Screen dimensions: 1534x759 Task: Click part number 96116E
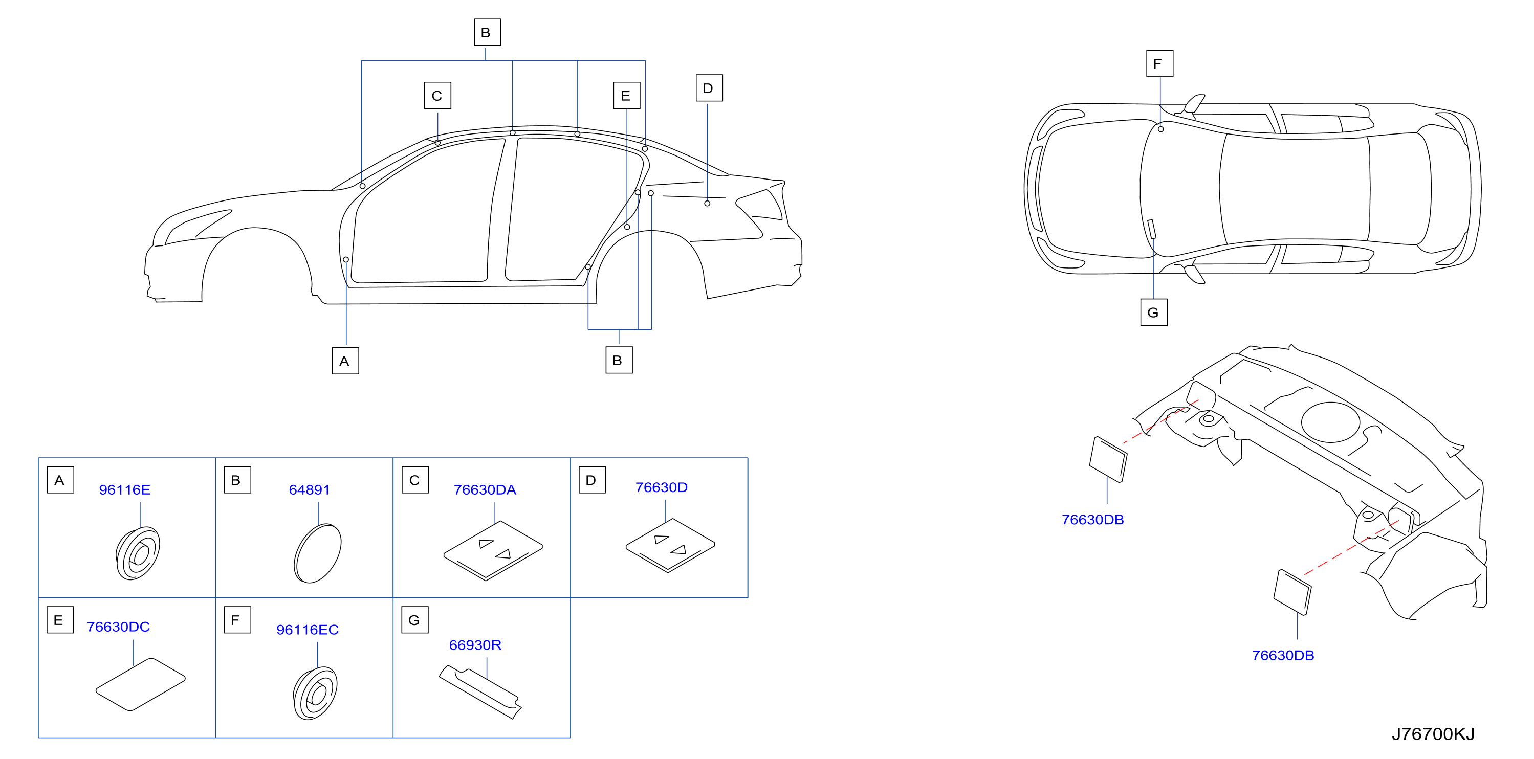(124, 490)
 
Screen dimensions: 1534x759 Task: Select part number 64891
(309, 490)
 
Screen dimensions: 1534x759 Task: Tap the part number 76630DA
(485, 490)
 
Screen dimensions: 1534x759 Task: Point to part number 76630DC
(118, 627)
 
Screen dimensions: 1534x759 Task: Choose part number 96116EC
(308, 630)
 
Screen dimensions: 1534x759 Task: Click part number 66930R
(475, 645)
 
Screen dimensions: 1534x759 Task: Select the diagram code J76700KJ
(1433, 734)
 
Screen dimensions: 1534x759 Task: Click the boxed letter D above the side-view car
(709, 88)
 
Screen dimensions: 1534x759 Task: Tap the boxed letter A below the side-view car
(345, 361)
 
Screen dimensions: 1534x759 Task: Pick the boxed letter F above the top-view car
(1159, 64)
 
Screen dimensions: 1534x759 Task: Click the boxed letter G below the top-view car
(1153, 312)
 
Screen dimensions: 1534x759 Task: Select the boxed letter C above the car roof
(437, 95)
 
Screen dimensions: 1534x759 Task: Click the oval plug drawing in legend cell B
(317, 553)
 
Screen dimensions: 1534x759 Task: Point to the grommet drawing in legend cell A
(138, 553)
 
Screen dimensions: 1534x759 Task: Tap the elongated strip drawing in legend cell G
(480, 691)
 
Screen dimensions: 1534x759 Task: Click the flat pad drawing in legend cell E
(141, 685)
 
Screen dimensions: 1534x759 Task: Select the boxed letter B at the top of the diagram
(487, 32)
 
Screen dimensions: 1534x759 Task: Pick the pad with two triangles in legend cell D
(670, 545)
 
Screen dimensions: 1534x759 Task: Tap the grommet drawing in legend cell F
(315, 694)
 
